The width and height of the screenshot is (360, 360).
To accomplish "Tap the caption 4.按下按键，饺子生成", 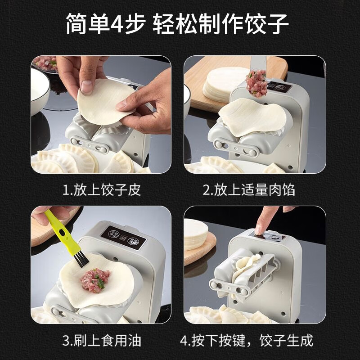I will pos(255,340).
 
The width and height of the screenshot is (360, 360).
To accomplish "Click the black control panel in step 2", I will pos(277,86).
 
